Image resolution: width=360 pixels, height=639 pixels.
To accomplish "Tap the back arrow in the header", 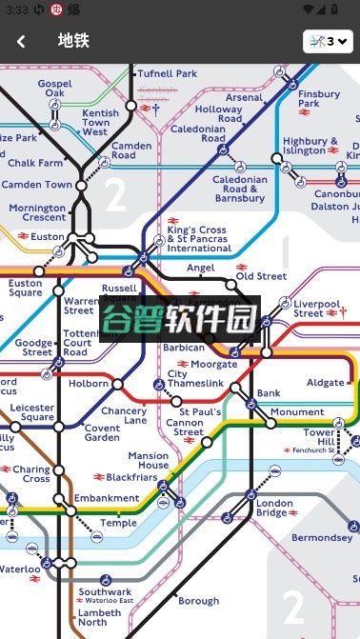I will (x=21, y=41).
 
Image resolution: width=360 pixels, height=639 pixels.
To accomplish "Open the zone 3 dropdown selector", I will (x=328, y=41).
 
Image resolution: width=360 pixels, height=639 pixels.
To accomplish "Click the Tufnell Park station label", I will (x=167, y=73).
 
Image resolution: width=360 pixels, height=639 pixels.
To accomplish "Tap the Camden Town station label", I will (x=39, y=185).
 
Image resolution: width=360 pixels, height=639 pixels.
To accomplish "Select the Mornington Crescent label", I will (x=37, y=212).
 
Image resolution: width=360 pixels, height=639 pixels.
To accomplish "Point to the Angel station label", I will (x=201, y=269).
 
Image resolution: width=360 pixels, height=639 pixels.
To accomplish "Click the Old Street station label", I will (x=261, y=276).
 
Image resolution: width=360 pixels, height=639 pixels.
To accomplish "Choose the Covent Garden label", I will (x=102, y=432).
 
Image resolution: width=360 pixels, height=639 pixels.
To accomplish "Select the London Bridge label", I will (x=274, y=508).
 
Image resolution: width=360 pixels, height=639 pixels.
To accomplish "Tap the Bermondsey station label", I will (x=322, y=538).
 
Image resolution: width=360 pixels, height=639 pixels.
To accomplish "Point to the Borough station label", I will (x=198, y=601).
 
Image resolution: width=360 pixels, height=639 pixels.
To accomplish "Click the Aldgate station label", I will (x=326, y=382).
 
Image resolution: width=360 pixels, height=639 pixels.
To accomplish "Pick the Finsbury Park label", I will (x=318, y=100).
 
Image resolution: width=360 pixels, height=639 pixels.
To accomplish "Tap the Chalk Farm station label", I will (x=35, y=163).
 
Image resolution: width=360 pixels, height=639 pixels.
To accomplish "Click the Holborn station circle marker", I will (x=118, y=385).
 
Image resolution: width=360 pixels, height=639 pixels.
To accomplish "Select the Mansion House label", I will (x=148, y=461).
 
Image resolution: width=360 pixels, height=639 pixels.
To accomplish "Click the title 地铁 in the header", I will (x=72, y=41).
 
